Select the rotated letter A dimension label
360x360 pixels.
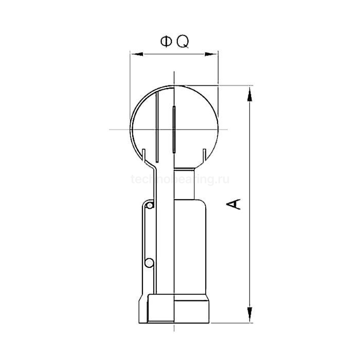pos(234,204)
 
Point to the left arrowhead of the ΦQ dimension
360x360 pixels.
pos(134,53)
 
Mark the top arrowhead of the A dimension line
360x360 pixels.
pos(249,93)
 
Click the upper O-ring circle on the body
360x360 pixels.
pos(149,206)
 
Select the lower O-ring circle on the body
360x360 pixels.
pos(149,263)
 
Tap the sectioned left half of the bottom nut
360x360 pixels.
pos(159,309)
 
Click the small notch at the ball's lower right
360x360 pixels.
pos(205,153)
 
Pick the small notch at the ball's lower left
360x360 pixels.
pos(145,154)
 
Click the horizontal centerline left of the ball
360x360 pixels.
pos(119,129)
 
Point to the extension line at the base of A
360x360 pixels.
pos(231,322)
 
